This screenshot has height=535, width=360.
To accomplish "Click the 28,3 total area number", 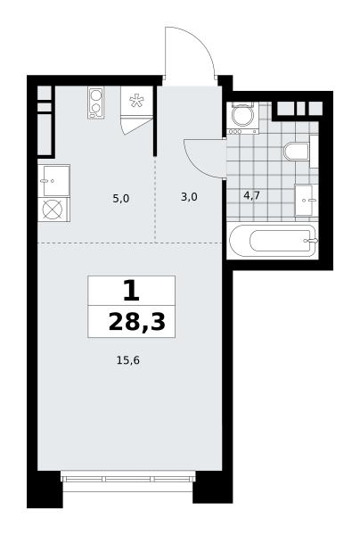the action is pos(137,323).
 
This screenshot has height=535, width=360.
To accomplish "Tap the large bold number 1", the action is pos(131,291).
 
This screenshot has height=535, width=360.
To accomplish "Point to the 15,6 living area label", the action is pos(128,360).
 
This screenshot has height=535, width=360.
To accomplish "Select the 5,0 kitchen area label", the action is pos(121,198).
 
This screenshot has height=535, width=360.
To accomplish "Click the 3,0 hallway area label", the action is pos(189,197).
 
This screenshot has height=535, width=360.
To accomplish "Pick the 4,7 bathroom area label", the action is pos(251,196).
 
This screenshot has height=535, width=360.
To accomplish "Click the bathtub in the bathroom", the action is pos(274,241).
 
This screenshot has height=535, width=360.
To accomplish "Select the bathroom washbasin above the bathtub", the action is pos(304,201).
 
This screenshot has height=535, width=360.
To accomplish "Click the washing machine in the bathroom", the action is pos(243,118).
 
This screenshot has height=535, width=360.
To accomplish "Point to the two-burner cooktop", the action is pos(96,103).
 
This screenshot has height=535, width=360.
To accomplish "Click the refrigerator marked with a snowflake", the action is pos(136,101).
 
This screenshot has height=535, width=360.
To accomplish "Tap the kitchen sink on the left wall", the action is pos(53,181).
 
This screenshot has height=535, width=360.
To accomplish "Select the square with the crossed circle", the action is pos(53,210).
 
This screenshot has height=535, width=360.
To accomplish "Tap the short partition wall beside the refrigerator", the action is pos(155,120).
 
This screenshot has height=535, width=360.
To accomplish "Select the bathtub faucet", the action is pos(311,241).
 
